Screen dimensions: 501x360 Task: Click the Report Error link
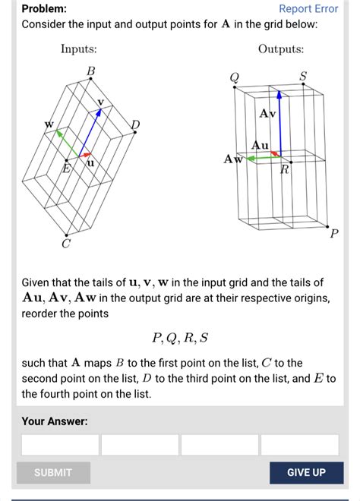(308, 9)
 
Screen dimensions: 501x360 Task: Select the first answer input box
(61, 445)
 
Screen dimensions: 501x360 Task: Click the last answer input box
(299, 445)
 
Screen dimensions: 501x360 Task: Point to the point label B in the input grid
(90, 71)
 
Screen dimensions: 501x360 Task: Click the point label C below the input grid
(65, 244)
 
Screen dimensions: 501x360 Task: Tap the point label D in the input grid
(136, 124)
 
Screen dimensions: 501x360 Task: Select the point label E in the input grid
(66, 169)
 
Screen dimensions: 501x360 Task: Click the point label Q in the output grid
(235, 77)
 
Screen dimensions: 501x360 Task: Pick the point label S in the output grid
(303, 76)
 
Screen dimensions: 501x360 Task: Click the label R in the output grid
(285, 169)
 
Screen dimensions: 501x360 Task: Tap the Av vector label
(267, 114)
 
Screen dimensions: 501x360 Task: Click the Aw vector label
(232, 159)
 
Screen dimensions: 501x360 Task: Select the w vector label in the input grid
(49, 123)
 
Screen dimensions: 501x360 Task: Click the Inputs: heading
(79, 49)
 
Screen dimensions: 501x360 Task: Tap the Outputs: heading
(280, 49)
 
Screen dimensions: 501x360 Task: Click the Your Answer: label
(55, 421)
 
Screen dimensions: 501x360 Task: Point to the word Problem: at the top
(43, 9)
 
